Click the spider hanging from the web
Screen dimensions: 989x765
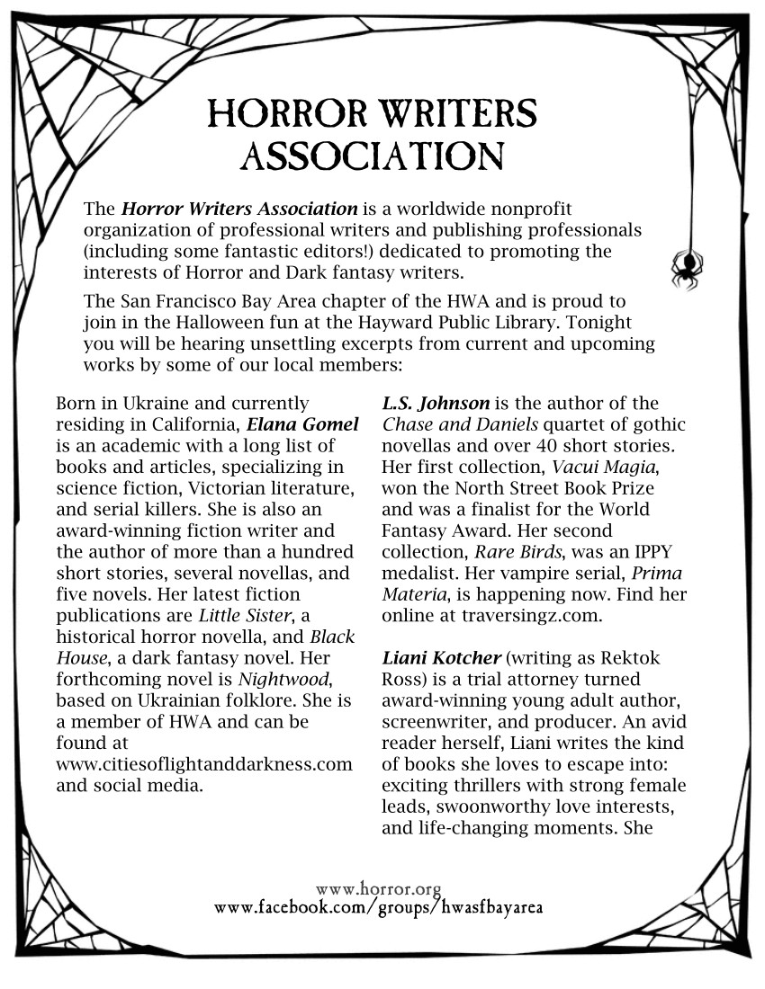pyautogui.click(x=687, y=269)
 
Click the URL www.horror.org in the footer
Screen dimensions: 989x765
pyautogui.click(x=379, y=889)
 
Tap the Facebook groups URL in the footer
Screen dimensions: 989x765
pyautogui.click(x=378, y=907)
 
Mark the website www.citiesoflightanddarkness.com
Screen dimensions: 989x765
pyautogui.click(x=203, y=764)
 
